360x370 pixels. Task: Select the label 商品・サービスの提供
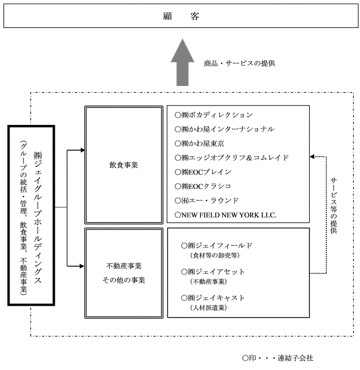point(239,63)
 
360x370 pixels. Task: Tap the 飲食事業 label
point(123,166)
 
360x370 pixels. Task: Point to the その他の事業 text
point(123,280)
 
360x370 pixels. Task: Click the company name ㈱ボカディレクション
point(214,115)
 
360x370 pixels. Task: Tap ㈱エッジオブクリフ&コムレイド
point(232,158)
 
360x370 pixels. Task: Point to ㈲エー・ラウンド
point(207,200)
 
